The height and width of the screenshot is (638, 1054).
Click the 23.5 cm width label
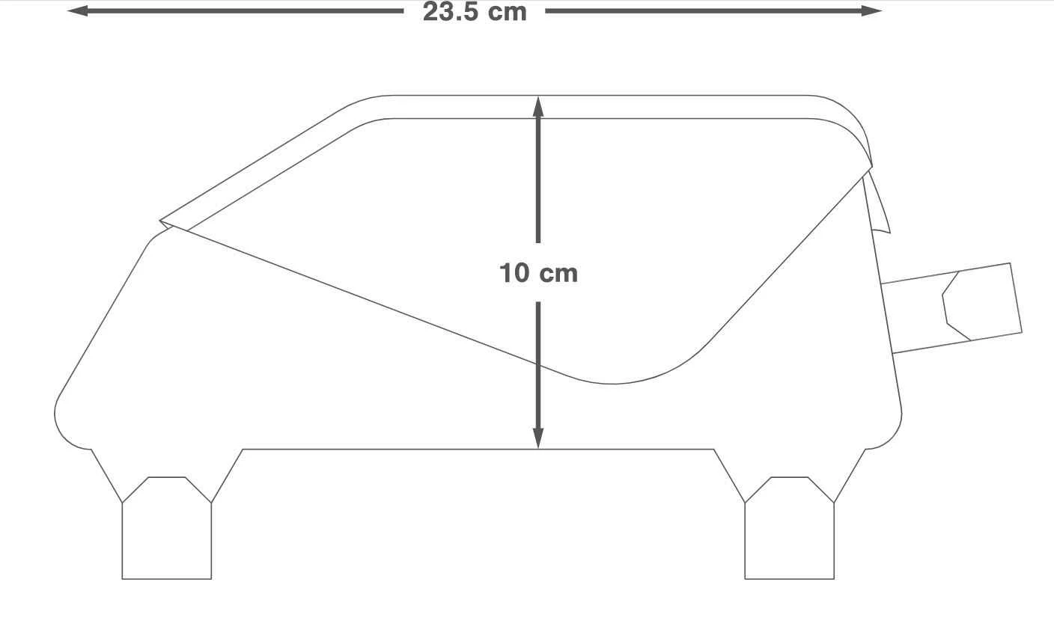tap(475, 11)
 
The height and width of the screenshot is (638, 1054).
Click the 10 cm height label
tap(538, 273)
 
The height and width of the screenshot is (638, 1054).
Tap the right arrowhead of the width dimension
tap(872, 10)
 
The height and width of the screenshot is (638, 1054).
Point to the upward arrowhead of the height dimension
tap(538, 106)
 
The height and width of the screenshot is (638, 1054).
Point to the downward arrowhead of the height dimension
tap(538, 438)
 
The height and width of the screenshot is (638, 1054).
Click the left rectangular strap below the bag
tap(167, 528)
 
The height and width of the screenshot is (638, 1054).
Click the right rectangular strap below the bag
tap(790, 528)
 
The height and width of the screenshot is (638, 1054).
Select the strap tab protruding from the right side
tap(951, 308)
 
